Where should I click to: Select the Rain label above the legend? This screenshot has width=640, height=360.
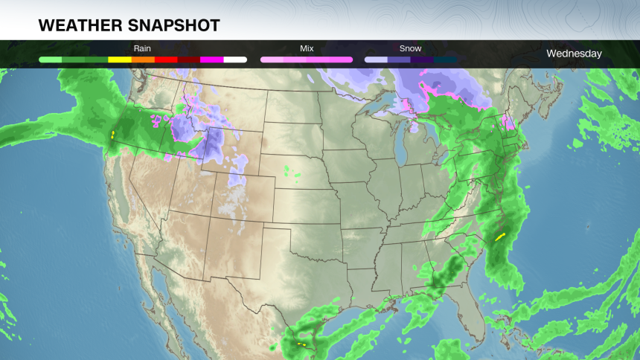point(142,48)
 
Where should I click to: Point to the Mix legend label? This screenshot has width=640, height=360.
point(307,48)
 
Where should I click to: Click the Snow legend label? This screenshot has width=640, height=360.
point(410,48)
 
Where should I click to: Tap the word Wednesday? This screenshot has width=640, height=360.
point(574,54)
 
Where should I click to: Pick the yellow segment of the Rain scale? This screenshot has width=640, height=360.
point(120,59)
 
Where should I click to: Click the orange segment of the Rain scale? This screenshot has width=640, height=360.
point(143,59)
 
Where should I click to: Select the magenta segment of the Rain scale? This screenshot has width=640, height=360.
point(212,59)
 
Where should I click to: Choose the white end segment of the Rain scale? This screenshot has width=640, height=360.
point(235,59)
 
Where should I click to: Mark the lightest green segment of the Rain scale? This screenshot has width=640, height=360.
point(50,59)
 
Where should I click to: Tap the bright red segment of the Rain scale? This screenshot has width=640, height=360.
point(166,59)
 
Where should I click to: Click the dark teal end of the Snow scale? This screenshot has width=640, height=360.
point(445,59)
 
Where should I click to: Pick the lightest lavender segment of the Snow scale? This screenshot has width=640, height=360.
point(376,59)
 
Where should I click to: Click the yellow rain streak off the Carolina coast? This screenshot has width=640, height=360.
point(499,237)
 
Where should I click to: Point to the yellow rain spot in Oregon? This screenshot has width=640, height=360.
point(112,135)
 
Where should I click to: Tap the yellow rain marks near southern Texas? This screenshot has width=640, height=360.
point(301,344)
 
